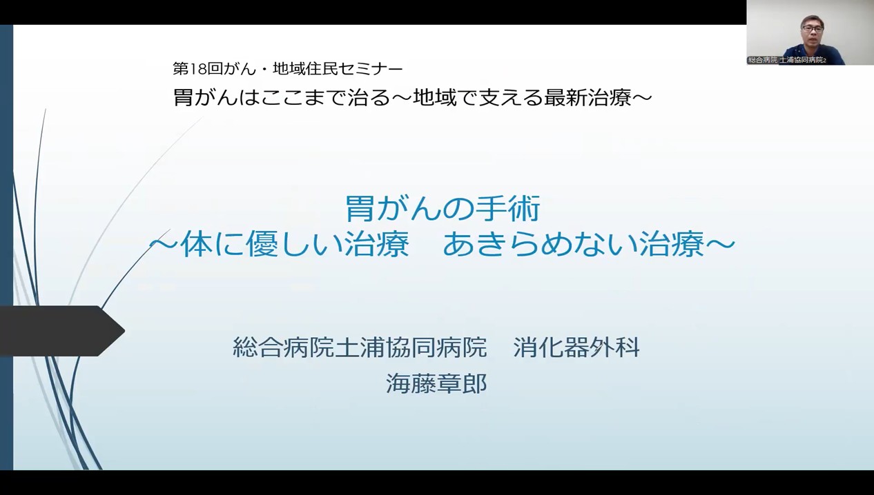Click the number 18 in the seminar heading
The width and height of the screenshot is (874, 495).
coord(198,69)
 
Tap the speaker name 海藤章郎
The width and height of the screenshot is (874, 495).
coord(436,383)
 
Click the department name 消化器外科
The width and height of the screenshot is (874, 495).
coord(576,347)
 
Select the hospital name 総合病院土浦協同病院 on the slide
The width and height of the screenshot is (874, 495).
coord(360,347)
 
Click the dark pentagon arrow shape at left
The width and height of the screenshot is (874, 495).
coord(62,331)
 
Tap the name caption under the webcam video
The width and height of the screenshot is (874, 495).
coord(786,60)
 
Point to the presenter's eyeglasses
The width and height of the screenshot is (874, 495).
coord(813,28)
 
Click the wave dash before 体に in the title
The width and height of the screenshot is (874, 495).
coord(164,245)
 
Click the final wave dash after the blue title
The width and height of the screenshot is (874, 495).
coord(720,245)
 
